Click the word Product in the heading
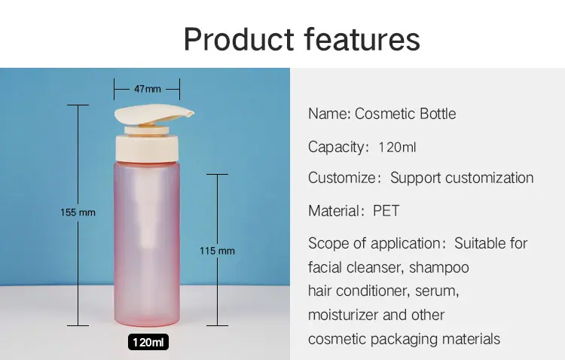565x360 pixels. (239, 39)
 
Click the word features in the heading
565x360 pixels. (362, 39)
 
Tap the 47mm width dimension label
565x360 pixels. (148, 89)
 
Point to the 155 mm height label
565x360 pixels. (78, 212)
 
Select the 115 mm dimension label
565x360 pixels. (217, 251)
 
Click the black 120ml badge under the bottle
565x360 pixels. (148, 342)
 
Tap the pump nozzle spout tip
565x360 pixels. (191, 114)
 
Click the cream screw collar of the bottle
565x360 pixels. (147, 148)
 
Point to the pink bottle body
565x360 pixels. (147, 244)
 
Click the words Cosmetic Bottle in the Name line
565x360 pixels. (405, 114)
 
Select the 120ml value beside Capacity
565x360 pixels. (397, 147)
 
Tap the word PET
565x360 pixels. (386, 211)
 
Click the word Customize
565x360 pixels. (342, 178)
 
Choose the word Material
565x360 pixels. (334, 211)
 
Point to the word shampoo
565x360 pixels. (439, 267)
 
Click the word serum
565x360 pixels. (437, 291)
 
